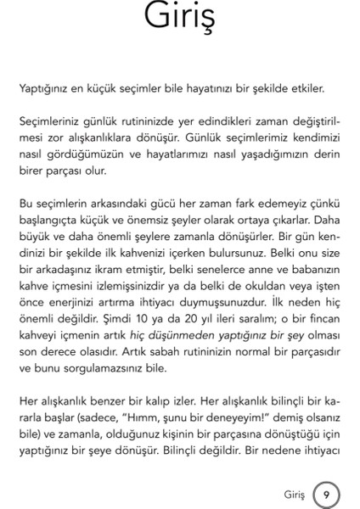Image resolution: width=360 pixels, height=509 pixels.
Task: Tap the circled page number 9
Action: coord(326,493)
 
